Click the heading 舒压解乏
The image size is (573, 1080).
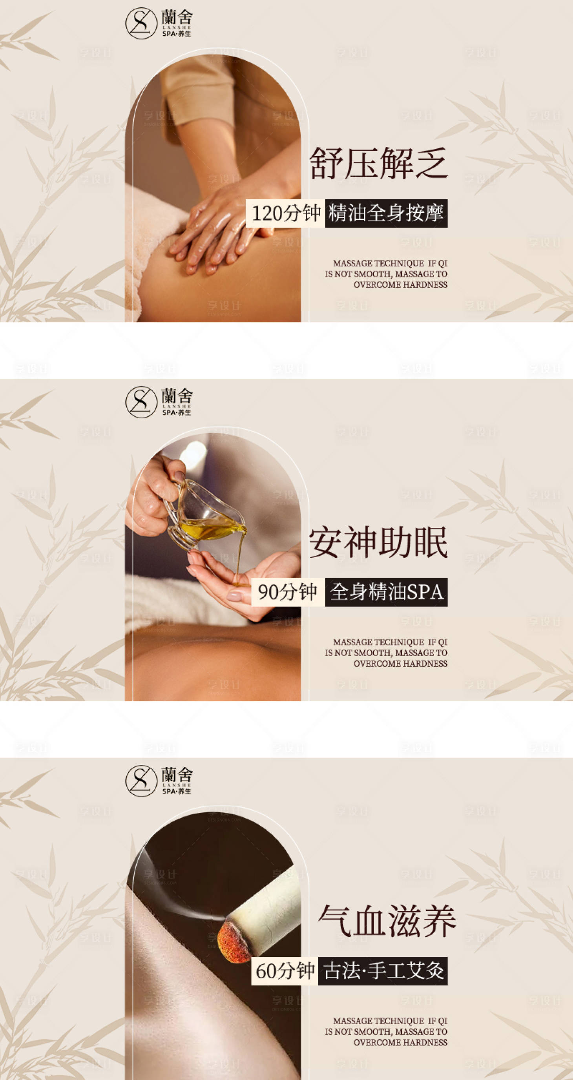(x=378, y=163)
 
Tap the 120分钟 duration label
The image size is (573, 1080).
(x=285, y=213)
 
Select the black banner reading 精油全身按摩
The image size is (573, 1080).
(x=386, y=213)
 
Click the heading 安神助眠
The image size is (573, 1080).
(x=378, y=542)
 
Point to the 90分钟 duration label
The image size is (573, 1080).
(x=288, y=592)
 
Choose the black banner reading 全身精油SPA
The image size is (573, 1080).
(x=386, y=592)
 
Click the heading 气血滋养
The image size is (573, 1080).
(x=387, y=921)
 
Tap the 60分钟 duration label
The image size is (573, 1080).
(x=285, y=971)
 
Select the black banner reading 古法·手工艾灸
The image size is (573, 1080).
(x=383, y=971)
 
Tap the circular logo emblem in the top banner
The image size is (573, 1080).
(x=141, y=24)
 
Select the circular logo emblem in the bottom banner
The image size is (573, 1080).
(x=141, y=781)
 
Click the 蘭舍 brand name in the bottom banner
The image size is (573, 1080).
(x=177, y=774)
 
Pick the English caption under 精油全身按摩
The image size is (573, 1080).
(x=386, y=274)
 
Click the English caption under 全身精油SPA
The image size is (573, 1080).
(x=386, y=653)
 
